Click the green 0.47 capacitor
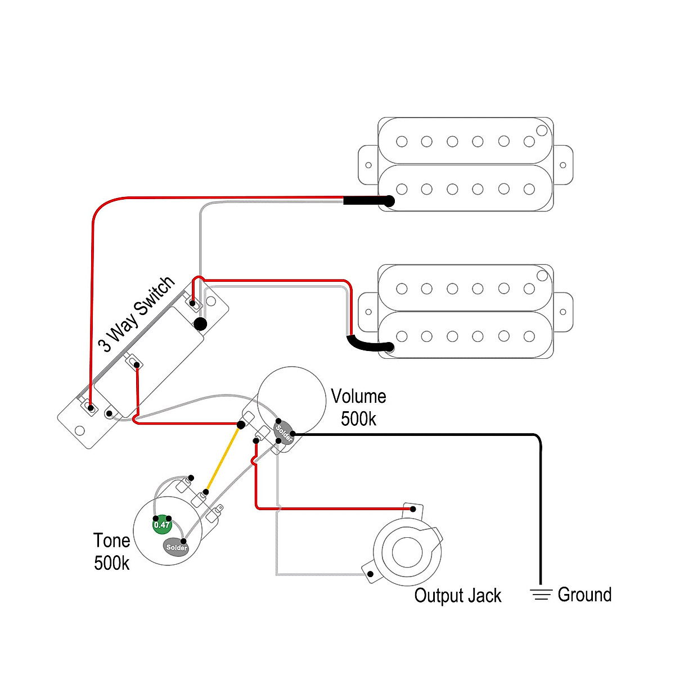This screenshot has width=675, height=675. [161, 524]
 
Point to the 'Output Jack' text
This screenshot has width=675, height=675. [457, 596]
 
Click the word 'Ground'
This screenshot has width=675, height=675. [584, 595]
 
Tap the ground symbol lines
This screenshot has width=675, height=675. [541, 595]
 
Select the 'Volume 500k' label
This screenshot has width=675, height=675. [358, 407]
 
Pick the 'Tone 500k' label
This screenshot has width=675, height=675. [112, 551]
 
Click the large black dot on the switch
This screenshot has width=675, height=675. [200, 323]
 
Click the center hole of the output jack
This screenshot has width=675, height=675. [407, 552]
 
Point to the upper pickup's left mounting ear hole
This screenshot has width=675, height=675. [368, 165]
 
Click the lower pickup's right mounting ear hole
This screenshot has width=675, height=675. [563, 312]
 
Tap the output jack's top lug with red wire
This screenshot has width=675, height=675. [413, 508]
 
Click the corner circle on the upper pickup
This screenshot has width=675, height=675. [542, 130]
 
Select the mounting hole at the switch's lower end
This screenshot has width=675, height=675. [80, 431]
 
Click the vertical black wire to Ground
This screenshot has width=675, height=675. [541, 506]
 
